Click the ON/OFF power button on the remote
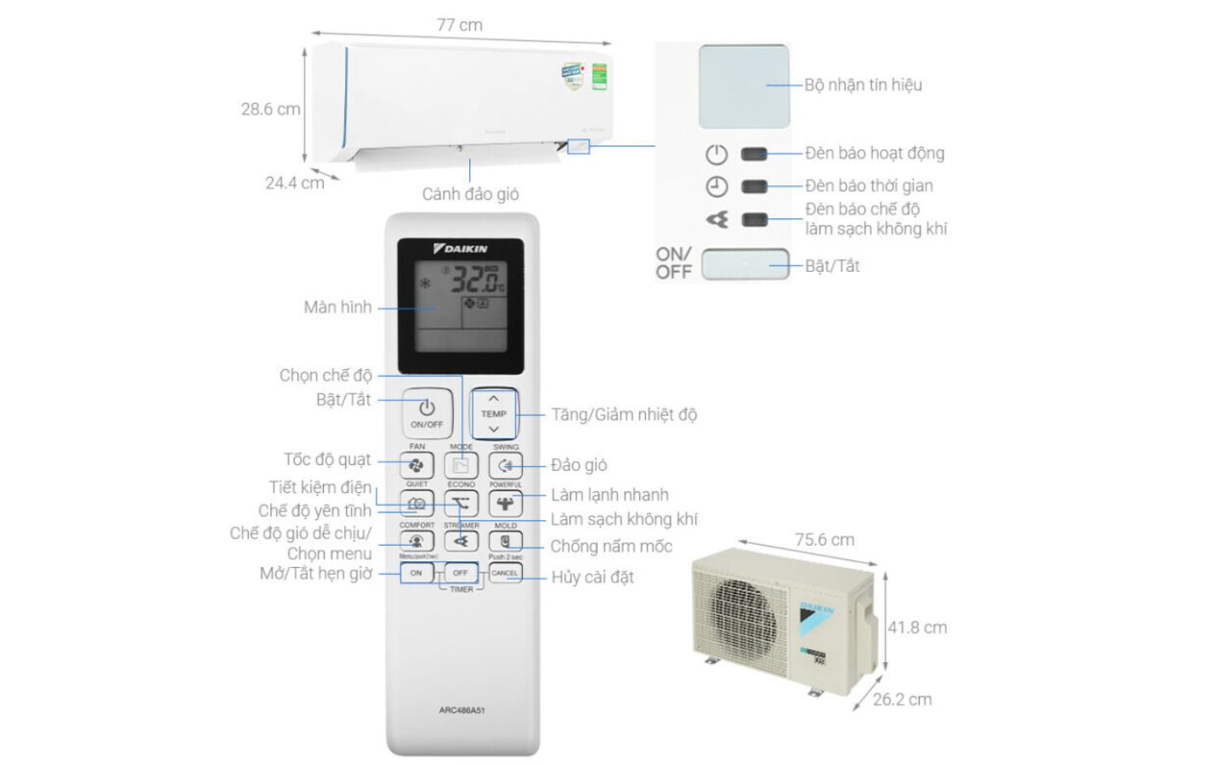426,412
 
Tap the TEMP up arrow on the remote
494,399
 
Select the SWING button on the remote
506,466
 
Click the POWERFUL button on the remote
506,503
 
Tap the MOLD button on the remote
506,541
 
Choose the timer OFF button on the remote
460,573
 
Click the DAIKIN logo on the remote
461,249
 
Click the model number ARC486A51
462,710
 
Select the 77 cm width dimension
459,25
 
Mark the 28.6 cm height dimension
270,109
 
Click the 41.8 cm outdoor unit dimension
917,627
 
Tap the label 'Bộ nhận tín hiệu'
863,85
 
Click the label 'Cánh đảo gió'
470,194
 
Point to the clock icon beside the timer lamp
717,186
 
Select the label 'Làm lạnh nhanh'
609,495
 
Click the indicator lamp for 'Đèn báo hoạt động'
754,154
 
